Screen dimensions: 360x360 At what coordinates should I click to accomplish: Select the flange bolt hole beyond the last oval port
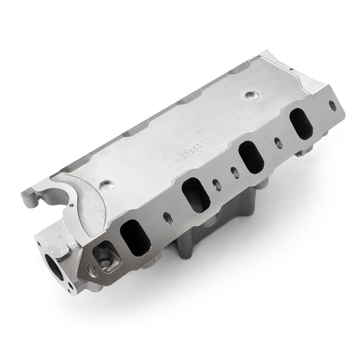coord(331,105)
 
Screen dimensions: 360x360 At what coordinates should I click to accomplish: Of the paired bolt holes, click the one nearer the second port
coord(216,182)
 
